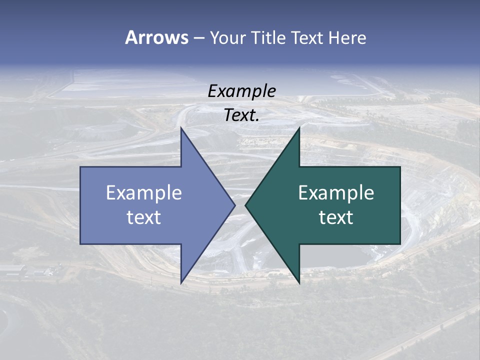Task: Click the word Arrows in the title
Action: (x=156, y=37)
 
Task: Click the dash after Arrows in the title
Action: (x=198, y=38)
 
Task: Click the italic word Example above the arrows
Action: (x=242, y=91)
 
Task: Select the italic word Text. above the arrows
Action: (x=242, y=115)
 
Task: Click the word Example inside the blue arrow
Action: (x=144, y=193)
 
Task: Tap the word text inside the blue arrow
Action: (x=144, y=217)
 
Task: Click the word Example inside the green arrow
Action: (x=336, y=193)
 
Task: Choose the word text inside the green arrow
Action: (x=336, y=217)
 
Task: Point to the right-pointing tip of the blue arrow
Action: (x=234, y=205)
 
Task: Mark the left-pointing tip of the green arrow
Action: (x=245, y=205)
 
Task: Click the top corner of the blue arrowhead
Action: (x=181, y=128)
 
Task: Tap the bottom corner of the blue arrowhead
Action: (x=181, y=282)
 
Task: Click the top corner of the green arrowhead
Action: (x=299, y=128)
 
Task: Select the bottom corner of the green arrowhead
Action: (x=299, y=282)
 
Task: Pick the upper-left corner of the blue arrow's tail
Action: (x=80, y=167)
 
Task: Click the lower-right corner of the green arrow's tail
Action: (x=400, y=243)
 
